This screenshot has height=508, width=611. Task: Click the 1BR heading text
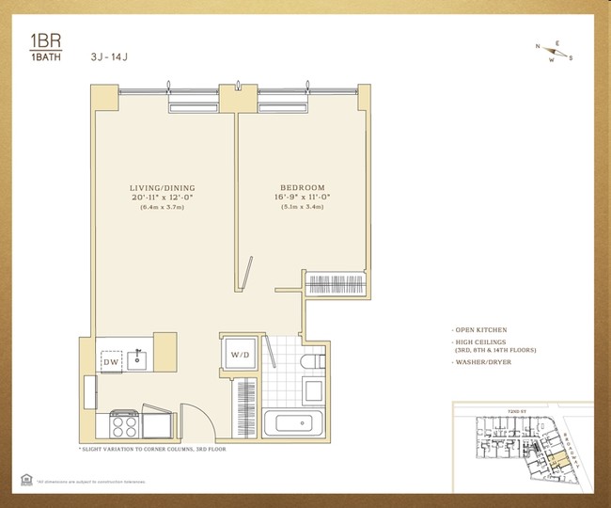coord(32,42)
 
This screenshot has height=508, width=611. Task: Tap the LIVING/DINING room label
coord(162,188)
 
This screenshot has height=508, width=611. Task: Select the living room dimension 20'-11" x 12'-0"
coord(162,199)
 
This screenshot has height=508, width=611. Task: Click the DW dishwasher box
coord(111,360)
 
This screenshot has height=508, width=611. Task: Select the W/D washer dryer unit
coord(239,355)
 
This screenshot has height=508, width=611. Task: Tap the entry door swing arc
coord(193,419)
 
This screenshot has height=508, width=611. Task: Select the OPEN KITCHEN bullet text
coord(480,330)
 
